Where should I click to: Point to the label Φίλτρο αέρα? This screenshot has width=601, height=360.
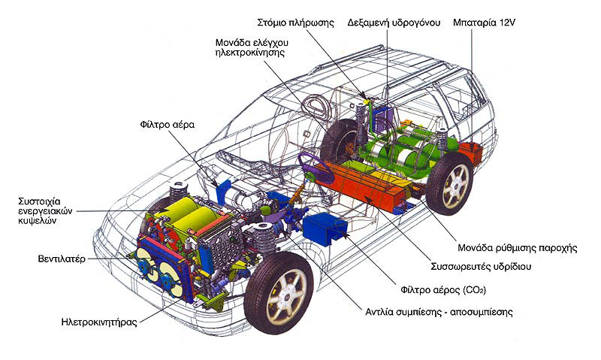(167, 124)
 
